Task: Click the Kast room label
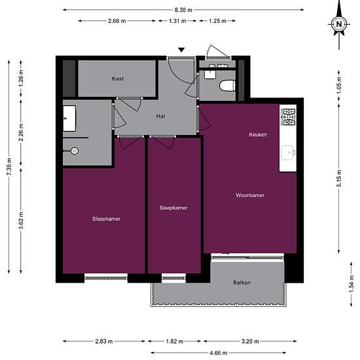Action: tap(118, 79)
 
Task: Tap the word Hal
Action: tap(160, 117)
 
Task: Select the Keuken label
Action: tap(258, 135)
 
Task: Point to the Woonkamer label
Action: tap(250, 196)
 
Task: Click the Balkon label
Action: tap(242, 283)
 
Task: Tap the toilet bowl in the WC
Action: tap(227, 85)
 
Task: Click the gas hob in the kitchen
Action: tap(288, 117)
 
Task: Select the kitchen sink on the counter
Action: tap(288, 153)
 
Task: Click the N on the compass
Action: tap(339, 24)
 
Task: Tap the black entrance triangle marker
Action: tap(181, 50)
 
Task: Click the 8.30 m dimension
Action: tap(183, 10)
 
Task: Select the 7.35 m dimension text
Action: tap(9, 167)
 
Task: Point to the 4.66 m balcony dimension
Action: tap(219, 353)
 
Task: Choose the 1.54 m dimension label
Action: tap(351, 284)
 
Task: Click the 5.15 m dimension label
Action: tap(339, 178)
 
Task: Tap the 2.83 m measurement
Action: tap(104, 342)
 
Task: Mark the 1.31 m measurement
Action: tap(177, 21)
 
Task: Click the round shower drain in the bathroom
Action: tap(75, 151)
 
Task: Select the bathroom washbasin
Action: tap(69, 118)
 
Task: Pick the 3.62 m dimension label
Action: tap(21, 221)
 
